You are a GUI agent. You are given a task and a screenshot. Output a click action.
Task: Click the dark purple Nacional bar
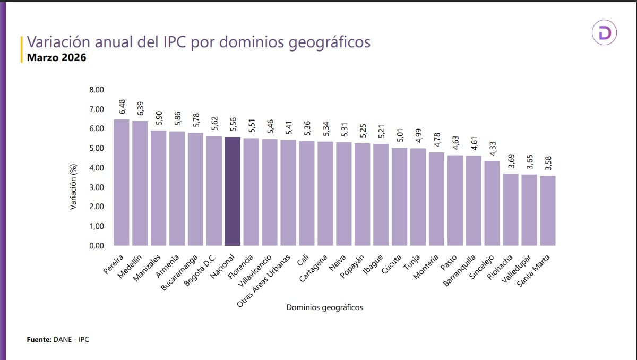pyautogui.click(x=233, y=191)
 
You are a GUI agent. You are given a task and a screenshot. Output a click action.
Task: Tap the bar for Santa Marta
pyautogui.click(x=548, y=210)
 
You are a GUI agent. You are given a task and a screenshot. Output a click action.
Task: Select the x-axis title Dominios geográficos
pyautogui.click(x=324, y=307)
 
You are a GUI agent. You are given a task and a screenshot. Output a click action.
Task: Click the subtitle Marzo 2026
pyautogui.click(x=56, y=57)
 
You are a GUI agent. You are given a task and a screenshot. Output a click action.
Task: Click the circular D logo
pyautogui.click(x=605, y=33)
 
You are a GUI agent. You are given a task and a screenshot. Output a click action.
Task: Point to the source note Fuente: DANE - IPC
pyautogui.click(x=58, y=339)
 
